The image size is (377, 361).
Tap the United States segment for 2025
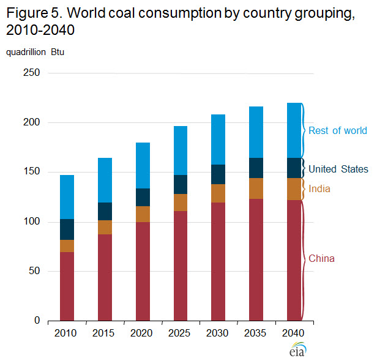[180, 184]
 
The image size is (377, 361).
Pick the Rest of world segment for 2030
[218, 140]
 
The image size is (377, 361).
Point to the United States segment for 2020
[142, 197]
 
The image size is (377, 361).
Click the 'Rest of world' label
[337, 130]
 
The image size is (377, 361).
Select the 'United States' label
[338, 169]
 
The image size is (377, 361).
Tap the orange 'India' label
[319, 189]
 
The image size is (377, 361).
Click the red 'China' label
[321, 259]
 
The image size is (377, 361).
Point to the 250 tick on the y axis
[31, 73]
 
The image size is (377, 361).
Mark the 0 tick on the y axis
[36, 321]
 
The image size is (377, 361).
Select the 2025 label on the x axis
[180, 333]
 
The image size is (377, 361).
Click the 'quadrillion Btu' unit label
[35, 53]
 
